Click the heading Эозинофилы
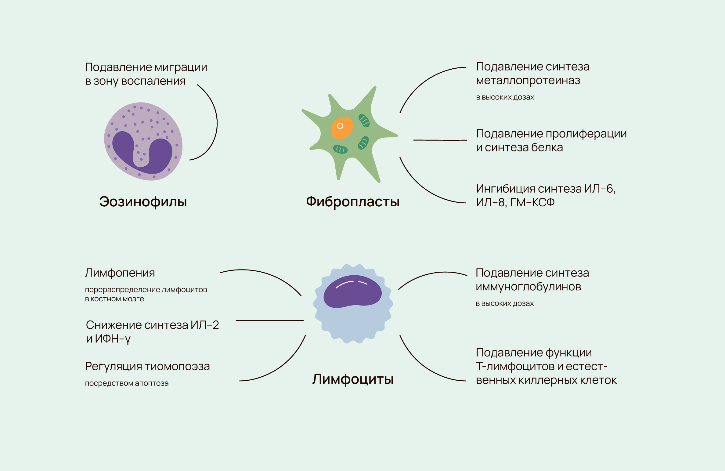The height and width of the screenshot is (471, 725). pos(143,202)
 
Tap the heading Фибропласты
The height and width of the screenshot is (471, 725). pos(353,202)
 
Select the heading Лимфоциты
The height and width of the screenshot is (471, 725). pos(353,379)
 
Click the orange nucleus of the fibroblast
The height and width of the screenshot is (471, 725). pos(342,128)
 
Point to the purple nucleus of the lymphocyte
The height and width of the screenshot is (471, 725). pos(352,292)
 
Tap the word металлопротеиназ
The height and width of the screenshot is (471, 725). pos(528,81)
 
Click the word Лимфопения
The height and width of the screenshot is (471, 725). pos(120,273)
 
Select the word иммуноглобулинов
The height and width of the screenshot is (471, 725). pos(528,287)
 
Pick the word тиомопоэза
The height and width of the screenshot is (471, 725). pos(179,367)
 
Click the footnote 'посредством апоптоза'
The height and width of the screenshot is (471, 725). pos(127,383)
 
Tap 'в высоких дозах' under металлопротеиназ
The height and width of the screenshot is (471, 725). pos(505,97)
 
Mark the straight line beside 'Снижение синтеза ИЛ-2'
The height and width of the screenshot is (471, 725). pos(270,321)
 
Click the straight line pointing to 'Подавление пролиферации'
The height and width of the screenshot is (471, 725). pos(440,140)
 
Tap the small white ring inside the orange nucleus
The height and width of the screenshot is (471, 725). pos(340,126)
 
